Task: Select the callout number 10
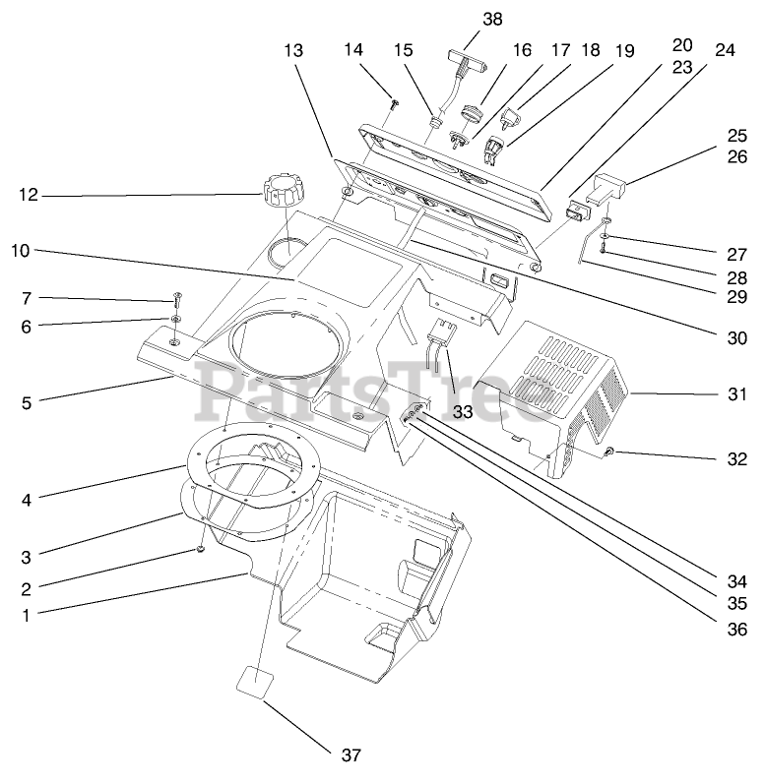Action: click(x=21, y=250)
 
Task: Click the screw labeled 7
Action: click(x=177, y=296)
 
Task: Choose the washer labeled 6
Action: click(x=174, y=320)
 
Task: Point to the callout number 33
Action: click(x=463, y=412)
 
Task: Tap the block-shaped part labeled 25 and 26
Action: click(x=606, y=187)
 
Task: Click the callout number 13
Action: click(x=293, y=48)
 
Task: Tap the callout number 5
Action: click(x=27, y=401)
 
